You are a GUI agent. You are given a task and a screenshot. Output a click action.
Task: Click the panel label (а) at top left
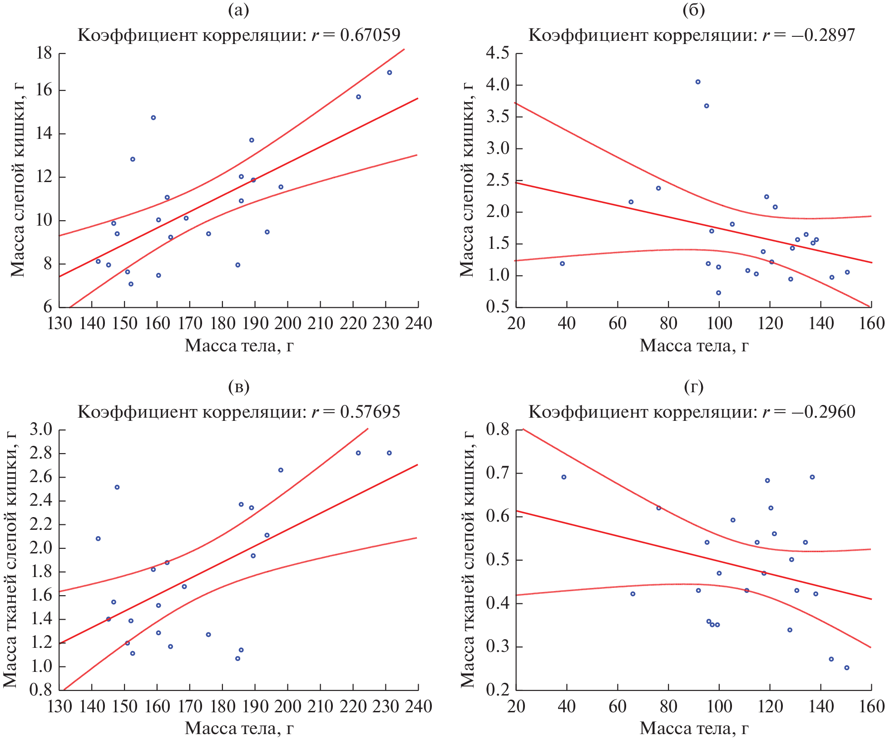pos(238,10)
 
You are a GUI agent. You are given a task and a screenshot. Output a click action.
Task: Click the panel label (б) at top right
pos(693,10)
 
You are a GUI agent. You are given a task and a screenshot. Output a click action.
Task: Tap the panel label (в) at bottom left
pos(238,387)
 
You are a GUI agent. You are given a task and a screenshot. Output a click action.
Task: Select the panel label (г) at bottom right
pos(693,387)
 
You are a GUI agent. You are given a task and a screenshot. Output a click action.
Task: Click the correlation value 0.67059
pos(370,35)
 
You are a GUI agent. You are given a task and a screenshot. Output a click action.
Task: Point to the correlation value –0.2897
pos(822,35)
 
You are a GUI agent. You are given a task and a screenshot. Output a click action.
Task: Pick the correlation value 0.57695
pos(370,412)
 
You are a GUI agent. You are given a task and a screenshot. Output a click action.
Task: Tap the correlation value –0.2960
pos(823,412)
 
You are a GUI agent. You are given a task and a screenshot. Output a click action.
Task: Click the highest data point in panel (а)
pos(389,73)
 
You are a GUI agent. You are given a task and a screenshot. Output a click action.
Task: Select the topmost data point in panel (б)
pos(698,82)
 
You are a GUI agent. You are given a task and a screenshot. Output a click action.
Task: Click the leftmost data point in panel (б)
pos(562,263)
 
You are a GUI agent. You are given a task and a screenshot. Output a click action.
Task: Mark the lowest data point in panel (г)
pos(846,668)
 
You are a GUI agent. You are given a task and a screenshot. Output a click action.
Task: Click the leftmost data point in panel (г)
pos(564,477)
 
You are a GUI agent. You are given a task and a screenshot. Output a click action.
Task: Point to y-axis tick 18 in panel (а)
pos(44,54)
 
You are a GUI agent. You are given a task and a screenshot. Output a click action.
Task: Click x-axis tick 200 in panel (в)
pos(287,706)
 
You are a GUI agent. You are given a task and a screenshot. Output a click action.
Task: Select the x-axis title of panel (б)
pos(694,346)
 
